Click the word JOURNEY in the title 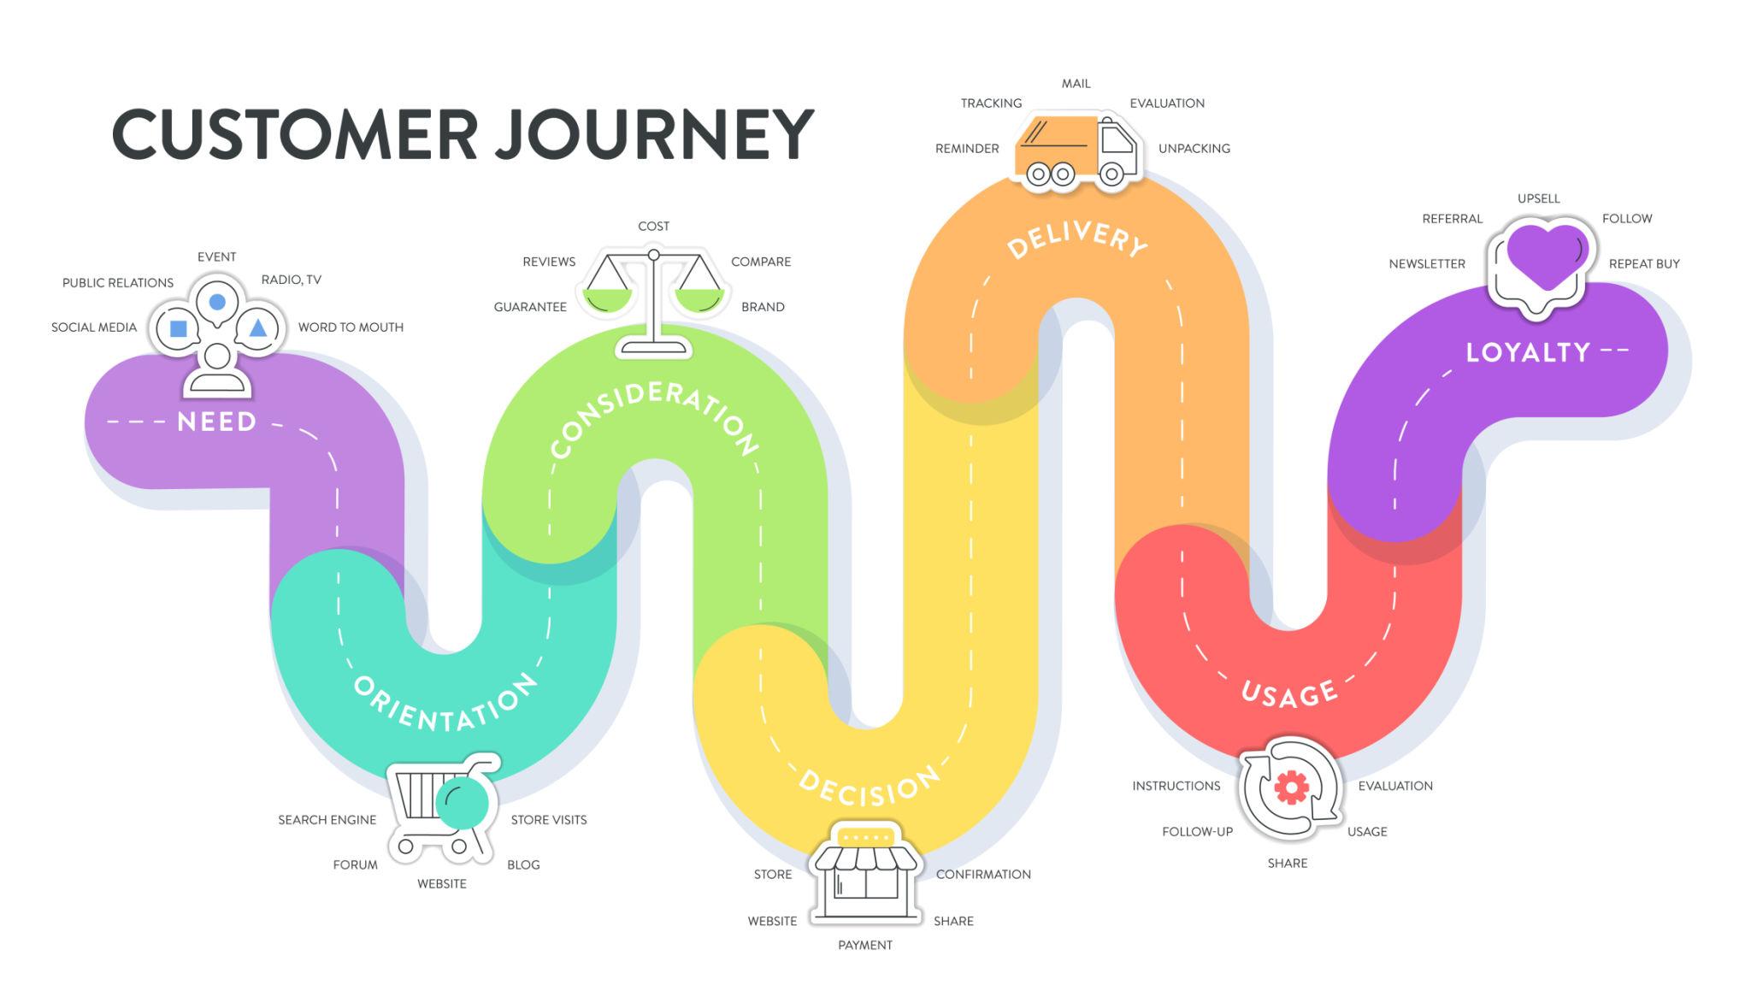tap(655, 134)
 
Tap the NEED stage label tap(216, 422)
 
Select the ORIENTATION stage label tap(445, 705)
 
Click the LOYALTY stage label tap(1528, 352)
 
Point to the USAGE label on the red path tap(1289, 694)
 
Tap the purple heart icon tap(1546, 255)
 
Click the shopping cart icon tap(442, 808)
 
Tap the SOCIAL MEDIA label tap(94, 327)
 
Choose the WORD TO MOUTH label tap(351, 327)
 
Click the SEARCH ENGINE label tap(327, 820)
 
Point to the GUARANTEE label tap(530, 307)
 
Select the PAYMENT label tap(865, 945)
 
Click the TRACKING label tap(991, 103)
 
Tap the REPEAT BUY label tap(1644, 264)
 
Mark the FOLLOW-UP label tap(1197, 831)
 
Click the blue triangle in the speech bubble tap(257, 328)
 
